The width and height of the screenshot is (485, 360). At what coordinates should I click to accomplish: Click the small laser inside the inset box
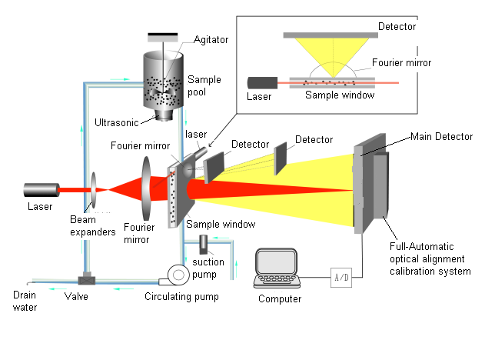(260, 81)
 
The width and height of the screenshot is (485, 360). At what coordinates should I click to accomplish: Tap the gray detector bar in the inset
(330, 35)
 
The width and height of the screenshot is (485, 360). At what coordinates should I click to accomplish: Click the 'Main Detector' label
(441, 137)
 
